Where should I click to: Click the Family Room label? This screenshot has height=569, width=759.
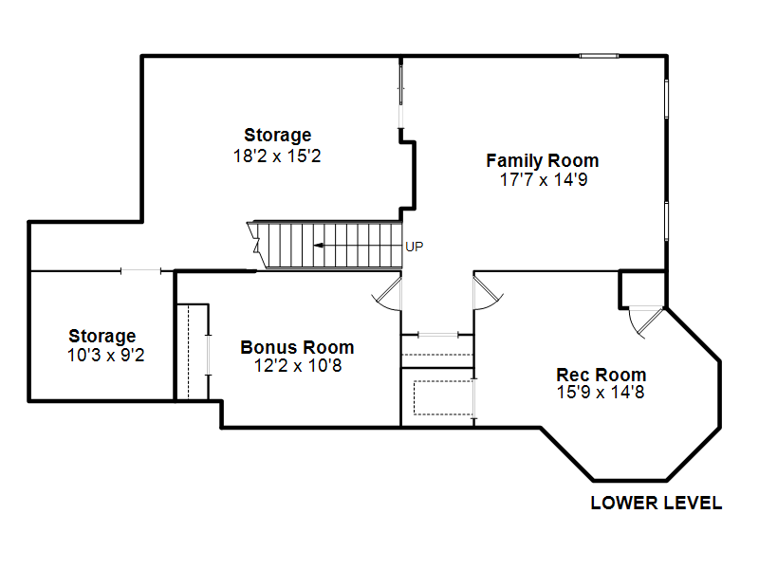click(542, 160)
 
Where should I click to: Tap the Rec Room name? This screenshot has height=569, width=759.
click(602, 375)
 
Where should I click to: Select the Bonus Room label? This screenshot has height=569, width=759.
click(297, 347)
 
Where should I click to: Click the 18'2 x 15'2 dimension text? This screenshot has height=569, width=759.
click(277, 156)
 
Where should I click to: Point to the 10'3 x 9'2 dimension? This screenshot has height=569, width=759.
click(105, 355)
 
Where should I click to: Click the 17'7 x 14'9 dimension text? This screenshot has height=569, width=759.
click(544, 180)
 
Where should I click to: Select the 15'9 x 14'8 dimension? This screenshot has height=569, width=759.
click(601, 393)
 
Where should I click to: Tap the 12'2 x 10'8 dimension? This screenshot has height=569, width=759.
click(298, 366)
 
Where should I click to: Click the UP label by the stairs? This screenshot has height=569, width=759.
click(415, 247)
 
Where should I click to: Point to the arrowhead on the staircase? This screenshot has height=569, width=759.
click(318, 246)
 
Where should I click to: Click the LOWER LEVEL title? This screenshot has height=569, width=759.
click(657, 504)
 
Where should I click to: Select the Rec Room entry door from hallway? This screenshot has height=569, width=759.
click(487, 292)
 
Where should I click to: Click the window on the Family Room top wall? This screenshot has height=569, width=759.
click(600, 56)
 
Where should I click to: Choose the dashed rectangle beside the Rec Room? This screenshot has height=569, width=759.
click(443, 397)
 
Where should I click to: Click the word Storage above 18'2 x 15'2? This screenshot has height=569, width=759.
click(277, 135)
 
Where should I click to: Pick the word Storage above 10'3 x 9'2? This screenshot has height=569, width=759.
click(102, 337)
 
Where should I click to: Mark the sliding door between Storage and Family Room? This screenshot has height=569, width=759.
click(400, 94)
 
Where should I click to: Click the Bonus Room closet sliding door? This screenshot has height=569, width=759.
click(209, 355)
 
